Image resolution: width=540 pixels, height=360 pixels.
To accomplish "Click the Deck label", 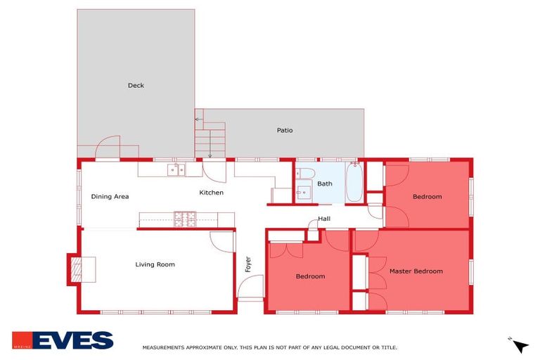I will click(136, 86).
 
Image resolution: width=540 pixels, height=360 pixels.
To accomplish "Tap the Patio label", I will click(284, 130).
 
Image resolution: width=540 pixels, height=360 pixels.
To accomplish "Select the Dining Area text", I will click(110, 197).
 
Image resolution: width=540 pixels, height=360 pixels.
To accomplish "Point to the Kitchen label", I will click(211, 193).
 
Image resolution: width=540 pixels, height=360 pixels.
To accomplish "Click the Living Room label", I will click(155, 264).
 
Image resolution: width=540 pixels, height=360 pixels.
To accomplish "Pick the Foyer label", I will click(247, 264).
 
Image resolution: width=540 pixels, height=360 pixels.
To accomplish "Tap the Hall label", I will click(324, 219).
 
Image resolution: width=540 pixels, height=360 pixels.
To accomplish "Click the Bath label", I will click(324, 184).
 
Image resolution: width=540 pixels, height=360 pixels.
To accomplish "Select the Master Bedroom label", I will click(416, 271).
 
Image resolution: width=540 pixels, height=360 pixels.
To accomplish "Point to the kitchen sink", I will click(176, 169).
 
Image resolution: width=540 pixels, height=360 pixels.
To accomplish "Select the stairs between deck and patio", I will click(211, 138).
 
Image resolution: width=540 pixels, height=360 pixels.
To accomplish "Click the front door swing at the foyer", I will click(249, 288).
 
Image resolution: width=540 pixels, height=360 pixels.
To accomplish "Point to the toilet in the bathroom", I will click(305, 174).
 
